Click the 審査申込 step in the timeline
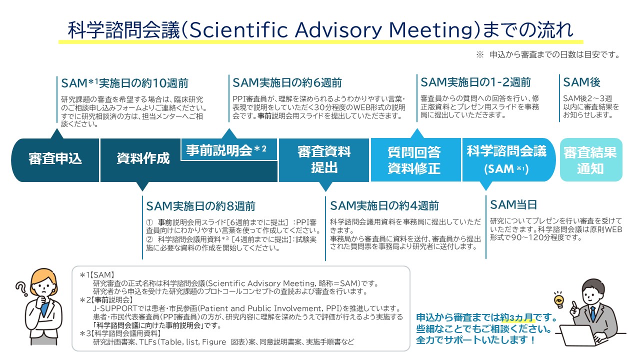point(55,159)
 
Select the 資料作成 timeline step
point(142,159)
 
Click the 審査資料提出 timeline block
point(324,159)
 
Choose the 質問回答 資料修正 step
point(414,159)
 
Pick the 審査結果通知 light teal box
point(590,159)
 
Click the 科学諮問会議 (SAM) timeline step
point(506,159)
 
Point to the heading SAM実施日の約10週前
point(124,83)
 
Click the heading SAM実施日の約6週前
point(287,82)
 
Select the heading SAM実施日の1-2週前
point(475,82)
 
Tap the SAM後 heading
point(581,82)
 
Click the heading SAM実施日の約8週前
point(200,205)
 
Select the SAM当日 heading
point(513,204)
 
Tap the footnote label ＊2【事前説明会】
point(106,299)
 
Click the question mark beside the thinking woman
point(21,288)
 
